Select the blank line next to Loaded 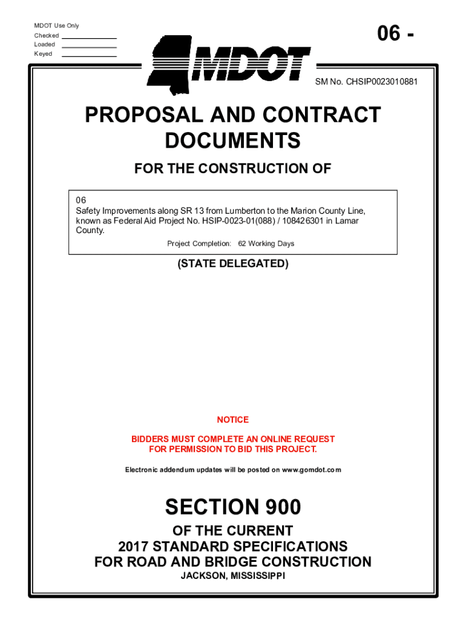pyautogui.click(x=89, y=46)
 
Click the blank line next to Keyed pyautogui.click(x=89, y=55)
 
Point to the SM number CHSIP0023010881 pyautogui.click(x=382, y=81)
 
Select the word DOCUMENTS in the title pyautogui.click(x=233, y=140)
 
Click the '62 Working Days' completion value pyautogui.click(x=266, y=243)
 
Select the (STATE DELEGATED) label pyautogui.click(x=233, y=264)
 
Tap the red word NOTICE pyautogui.click(x=233, y=420)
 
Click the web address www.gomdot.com pyautogui.click(x=311, y=470)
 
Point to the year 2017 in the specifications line pyautogui.click(x=134, y=546)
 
